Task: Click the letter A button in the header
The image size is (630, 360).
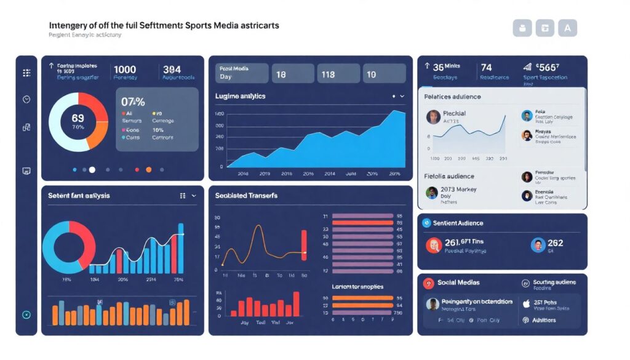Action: (567, 28)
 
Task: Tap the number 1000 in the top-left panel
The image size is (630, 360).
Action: (125, 69)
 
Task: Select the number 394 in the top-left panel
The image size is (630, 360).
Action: (172, 69)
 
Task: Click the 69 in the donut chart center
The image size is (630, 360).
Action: (78, 118)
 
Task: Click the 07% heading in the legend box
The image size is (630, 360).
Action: (132, 102)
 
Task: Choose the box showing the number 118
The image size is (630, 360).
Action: (337, 74)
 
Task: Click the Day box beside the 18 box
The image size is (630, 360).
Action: (242, 73)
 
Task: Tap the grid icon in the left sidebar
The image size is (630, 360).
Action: (26, 73)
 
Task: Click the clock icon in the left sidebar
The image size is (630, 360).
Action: (26, 99)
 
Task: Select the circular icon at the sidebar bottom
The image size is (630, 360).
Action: (26, 314)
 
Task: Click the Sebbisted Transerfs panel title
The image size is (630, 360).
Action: (246, 196)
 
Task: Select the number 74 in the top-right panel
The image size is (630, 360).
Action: (486, 67)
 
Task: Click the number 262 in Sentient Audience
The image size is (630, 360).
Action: (555, 243)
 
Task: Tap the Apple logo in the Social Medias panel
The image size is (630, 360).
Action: (526, 303)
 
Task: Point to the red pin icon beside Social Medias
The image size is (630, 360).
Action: (429, 283)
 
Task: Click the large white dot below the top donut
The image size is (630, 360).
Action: (92, 169)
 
